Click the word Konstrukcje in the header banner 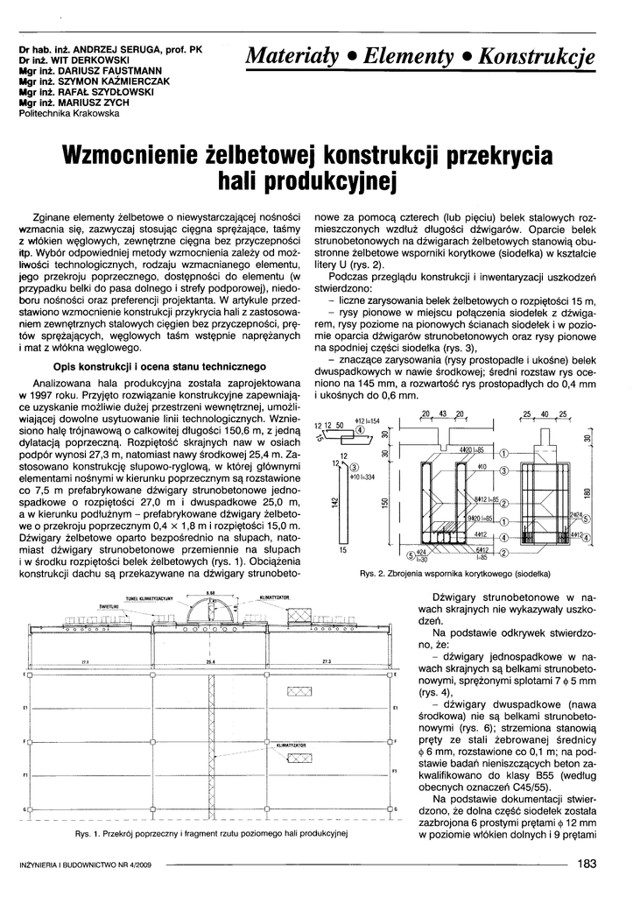[541, 57]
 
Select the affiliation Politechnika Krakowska [68, 113]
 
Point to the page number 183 [587, 864]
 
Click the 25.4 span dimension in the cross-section [210, 663]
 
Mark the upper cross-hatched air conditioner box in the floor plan [299, 692]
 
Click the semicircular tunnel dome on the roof [210, 612]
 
